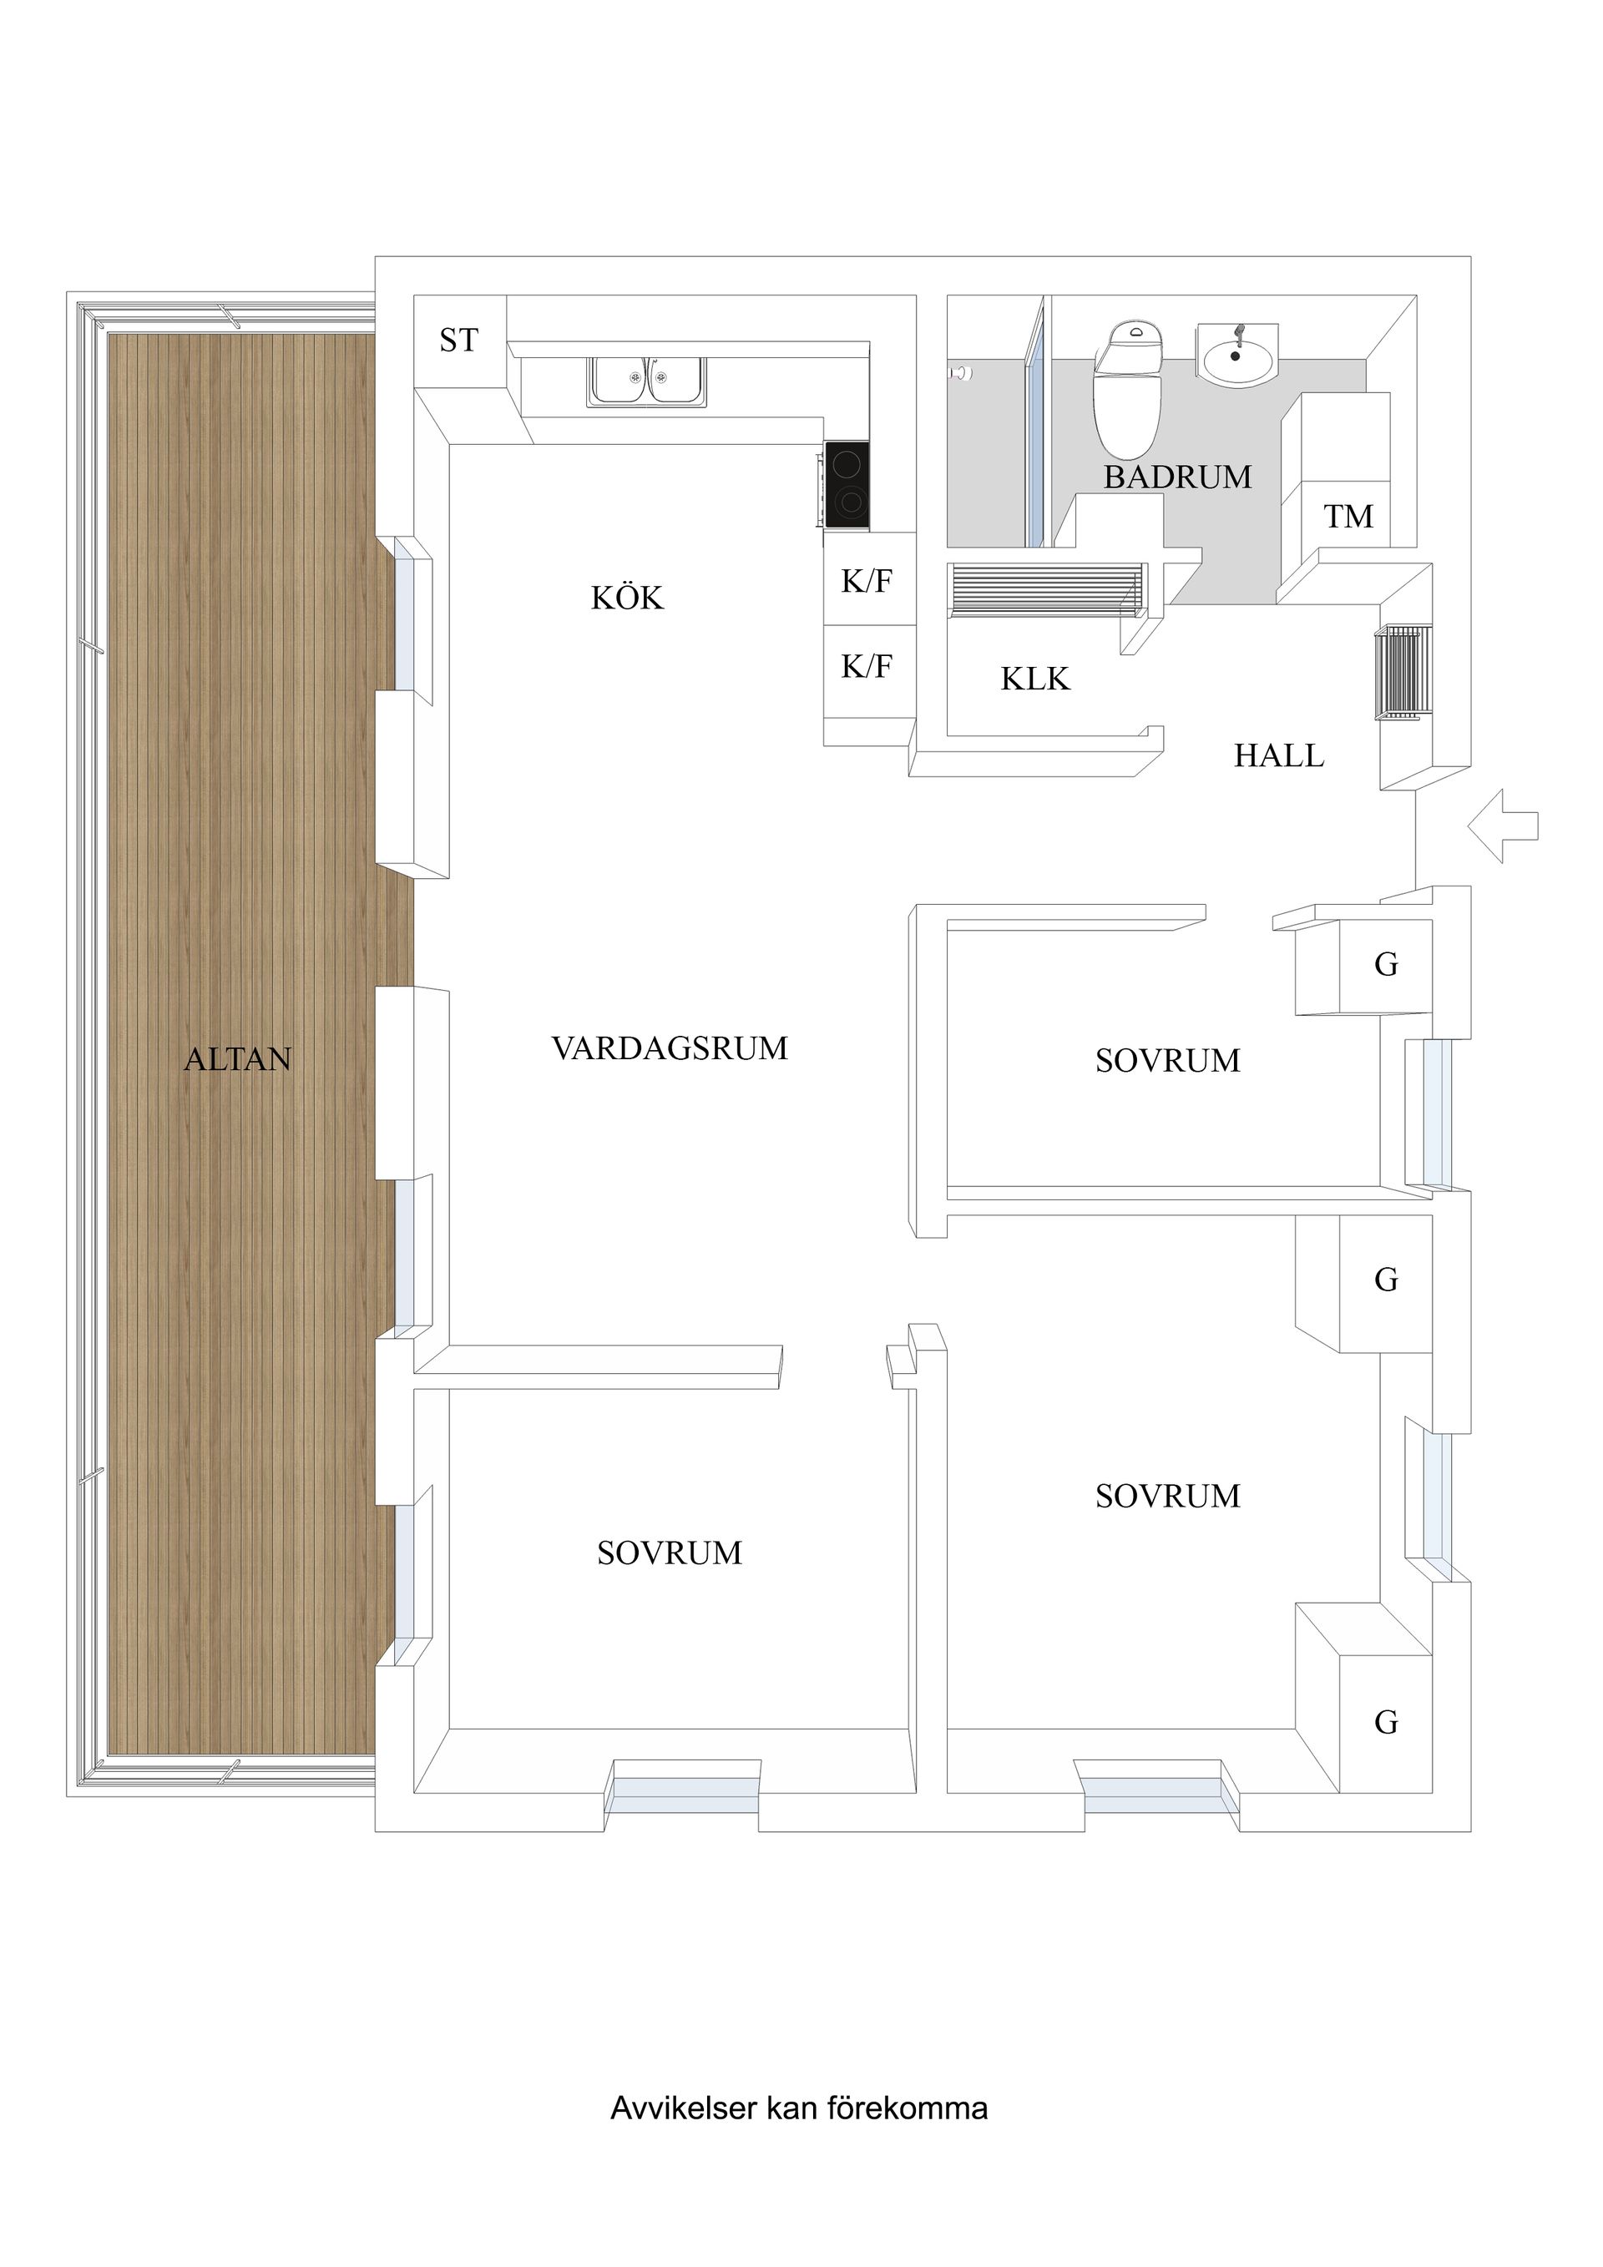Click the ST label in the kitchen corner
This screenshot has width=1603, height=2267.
coord(458,341)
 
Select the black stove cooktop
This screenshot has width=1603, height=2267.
coord(848,485)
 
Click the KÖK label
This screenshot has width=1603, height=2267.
coord(627,598)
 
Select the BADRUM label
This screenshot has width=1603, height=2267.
coord(1177,478)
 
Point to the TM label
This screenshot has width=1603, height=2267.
coord(1348,517)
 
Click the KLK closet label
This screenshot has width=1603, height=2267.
coord(1035,679)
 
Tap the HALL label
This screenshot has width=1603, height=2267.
coord(1278,756)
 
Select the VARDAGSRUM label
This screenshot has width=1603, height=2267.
coord(670,1048)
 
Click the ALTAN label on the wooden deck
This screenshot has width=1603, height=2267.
coord(238,1059)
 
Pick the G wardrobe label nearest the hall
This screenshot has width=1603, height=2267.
coord(1386,965)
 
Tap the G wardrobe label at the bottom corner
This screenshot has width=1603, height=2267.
coord(1386,1723)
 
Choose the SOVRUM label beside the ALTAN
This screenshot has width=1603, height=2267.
coord(669,1553)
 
